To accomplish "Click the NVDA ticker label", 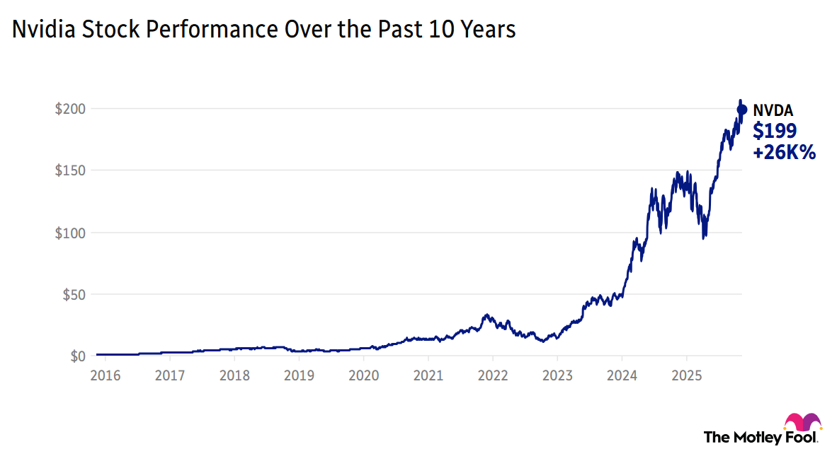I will point(773,110).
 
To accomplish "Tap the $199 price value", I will point(775,131).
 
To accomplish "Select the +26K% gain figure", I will point(785,152).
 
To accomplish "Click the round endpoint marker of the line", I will point(742,110).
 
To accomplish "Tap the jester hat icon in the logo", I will point(803,421).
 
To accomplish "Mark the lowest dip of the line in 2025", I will point(704,238).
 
